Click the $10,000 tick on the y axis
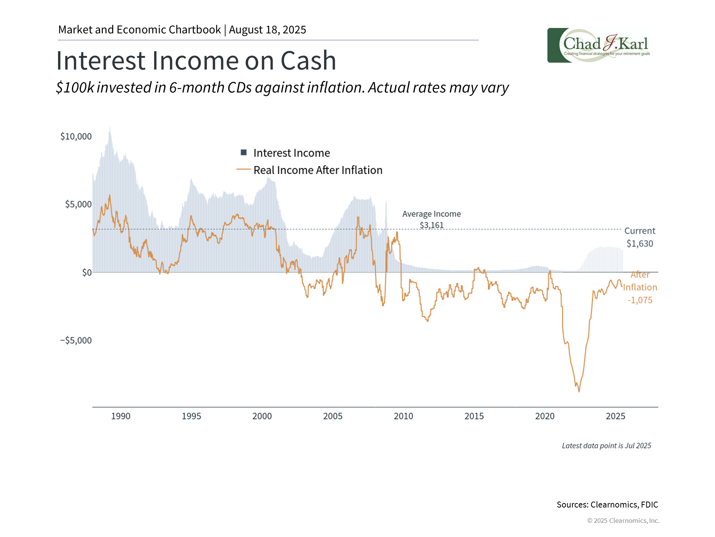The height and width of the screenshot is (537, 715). tap(76, 136)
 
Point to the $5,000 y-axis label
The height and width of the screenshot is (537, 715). tap(78, 204)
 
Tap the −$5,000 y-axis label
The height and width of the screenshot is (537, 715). tap(76, 340)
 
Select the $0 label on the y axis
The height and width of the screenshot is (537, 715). tap(87, 273)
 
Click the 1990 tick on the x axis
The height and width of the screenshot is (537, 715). tap(121, 416)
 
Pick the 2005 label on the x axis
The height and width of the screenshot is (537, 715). tap(333, 416)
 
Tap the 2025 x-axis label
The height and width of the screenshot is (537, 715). tap(615, 416)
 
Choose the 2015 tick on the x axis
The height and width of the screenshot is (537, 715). tap(474, 416)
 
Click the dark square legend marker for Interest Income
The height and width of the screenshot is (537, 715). tap(244, 152)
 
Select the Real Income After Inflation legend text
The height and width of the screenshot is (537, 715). tap(318, 170)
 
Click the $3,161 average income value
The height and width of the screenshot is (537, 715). tap(432, 225)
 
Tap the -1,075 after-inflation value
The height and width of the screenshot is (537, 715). tap(640, 300)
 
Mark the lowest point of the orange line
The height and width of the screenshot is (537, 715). tap(579, 392)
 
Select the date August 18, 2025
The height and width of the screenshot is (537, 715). tap(267, 30)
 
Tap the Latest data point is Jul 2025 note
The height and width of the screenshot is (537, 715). tap(606, 446)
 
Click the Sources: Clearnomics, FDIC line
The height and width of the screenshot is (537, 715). tap(607, 505)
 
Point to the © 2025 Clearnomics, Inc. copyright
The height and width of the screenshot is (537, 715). tap(623, 521)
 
